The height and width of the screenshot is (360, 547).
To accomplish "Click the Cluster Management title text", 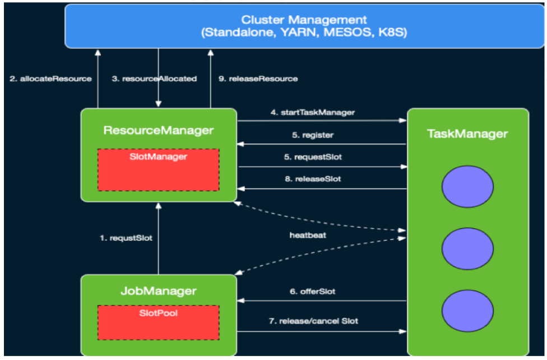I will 304,20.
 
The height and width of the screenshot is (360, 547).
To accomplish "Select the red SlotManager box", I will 158,169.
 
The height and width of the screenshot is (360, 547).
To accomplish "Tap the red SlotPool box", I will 158,322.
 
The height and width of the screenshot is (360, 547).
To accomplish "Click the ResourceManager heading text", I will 158,130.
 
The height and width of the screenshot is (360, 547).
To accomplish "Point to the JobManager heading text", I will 159,290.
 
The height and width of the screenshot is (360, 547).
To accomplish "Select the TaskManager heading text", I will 467,133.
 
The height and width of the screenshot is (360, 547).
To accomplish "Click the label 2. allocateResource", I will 50,79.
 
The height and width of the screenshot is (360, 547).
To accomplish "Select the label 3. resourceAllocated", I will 154,79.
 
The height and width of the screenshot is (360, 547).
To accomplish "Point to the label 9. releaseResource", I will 258,79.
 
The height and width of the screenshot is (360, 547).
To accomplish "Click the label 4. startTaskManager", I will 313,112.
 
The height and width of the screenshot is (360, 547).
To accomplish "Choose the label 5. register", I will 313,135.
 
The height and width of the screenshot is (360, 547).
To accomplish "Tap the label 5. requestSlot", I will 313,157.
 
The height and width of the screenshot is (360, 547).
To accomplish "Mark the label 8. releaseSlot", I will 313,179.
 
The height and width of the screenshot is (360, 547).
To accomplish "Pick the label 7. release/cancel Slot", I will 313,321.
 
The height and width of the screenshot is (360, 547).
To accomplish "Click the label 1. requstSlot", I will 126,238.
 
